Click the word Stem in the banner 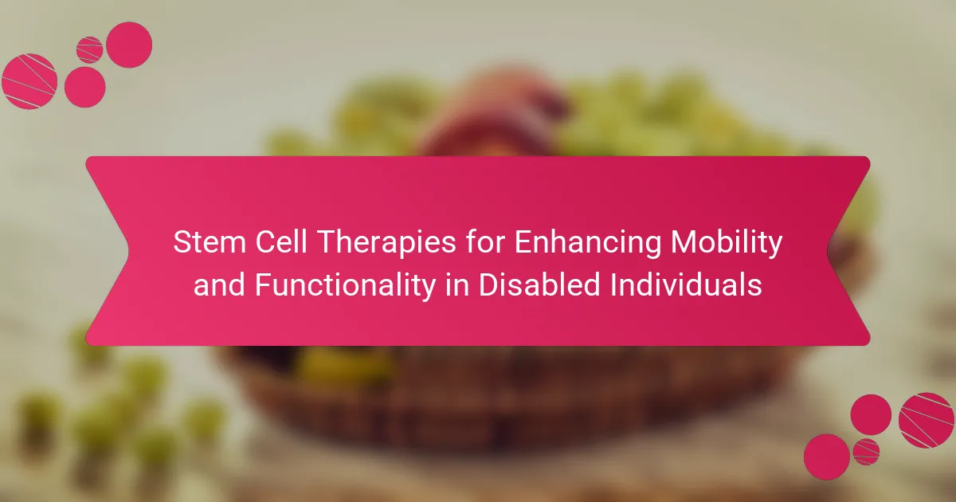point(210,241)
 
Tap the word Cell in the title point(281,241)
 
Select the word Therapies point(386,243)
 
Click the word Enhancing point(588,243)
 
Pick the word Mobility point(727,243)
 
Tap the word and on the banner point(219,284)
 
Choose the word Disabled point(539,284)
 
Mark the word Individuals point(686,284)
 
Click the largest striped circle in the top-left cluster point(29,81)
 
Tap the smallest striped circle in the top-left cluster point(89,50)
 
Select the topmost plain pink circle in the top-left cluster point(129,45)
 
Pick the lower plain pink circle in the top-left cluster point(85,87)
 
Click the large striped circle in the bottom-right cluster point(926,420)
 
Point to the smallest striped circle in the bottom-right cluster point(866,452)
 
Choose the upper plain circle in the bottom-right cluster point(871,415)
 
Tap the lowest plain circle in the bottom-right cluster point(827,457)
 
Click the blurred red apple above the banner point(491,116)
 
